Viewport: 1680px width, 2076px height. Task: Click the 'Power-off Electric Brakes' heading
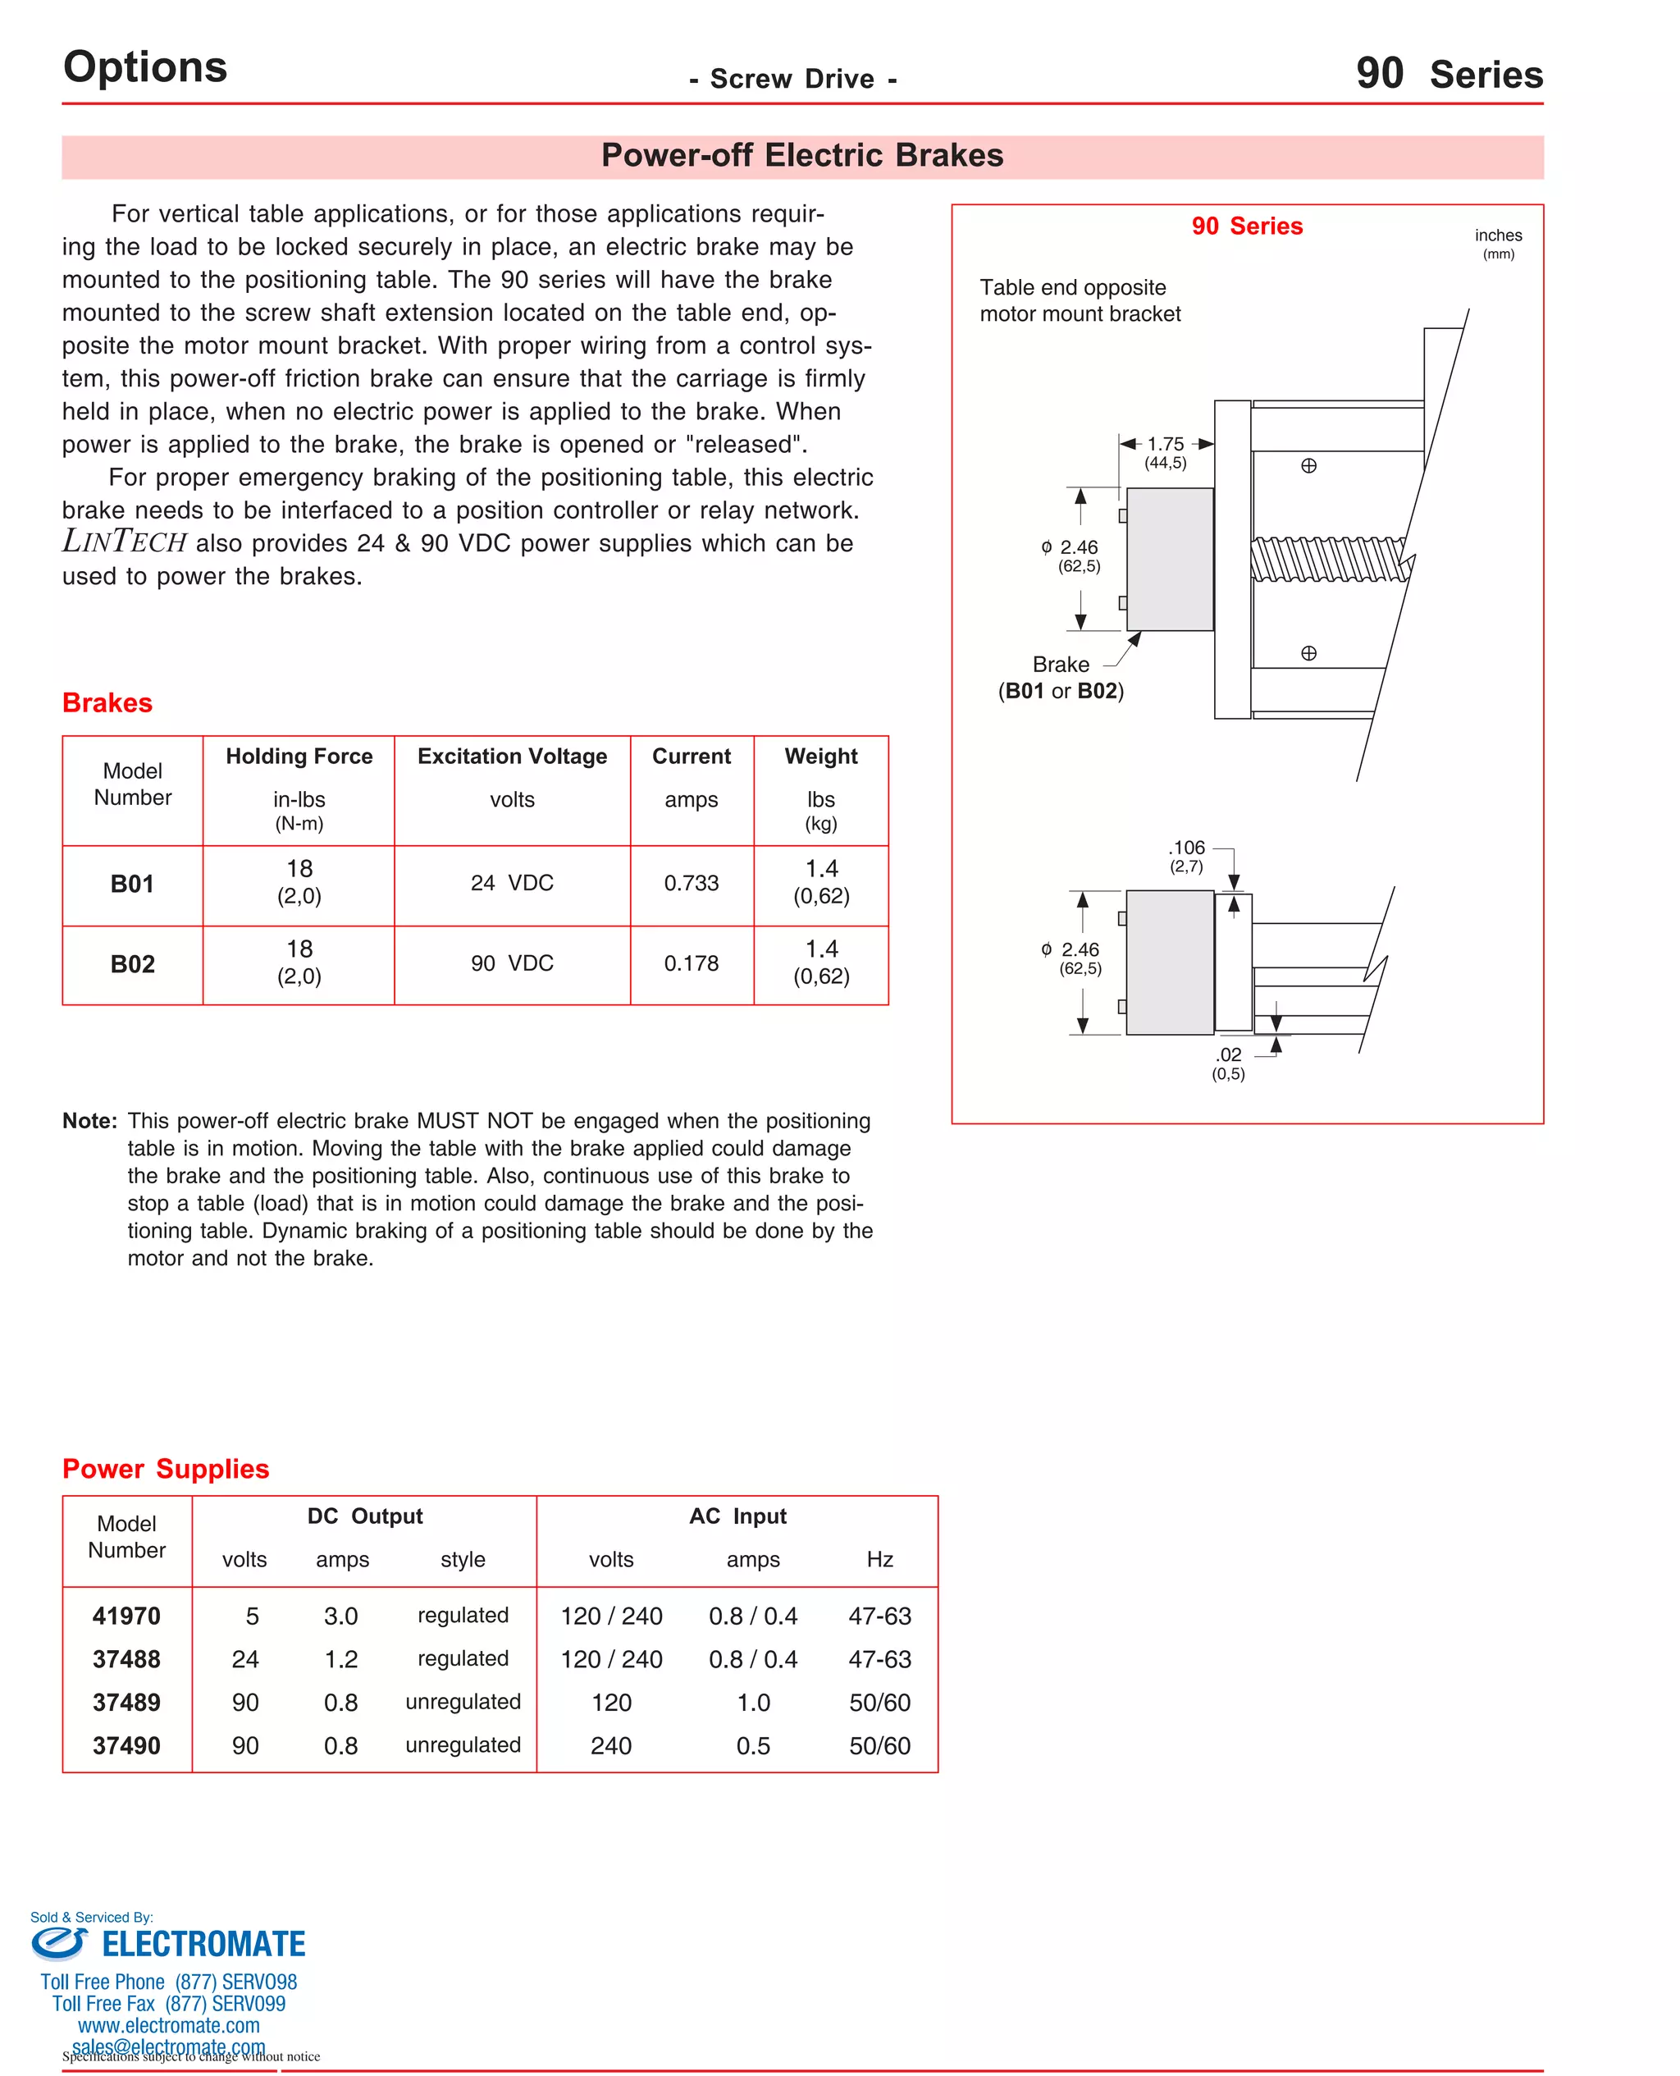pos(801,156)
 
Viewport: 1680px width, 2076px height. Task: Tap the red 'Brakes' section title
pos(107,702)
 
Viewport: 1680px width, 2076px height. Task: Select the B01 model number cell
pos(133,884)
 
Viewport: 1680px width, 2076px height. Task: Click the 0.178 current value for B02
pos(691,963)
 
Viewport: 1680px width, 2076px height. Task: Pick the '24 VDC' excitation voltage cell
pos(512,883)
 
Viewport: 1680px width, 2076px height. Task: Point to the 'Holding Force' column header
pos(299,756)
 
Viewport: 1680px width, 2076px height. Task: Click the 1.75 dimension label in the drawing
pos(1165,444)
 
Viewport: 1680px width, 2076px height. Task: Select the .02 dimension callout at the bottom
pos(1228,1055)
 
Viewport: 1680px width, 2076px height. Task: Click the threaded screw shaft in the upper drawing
pos(1326,559)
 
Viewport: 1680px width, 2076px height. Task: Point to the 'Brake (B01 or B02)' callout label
pos(1061,678)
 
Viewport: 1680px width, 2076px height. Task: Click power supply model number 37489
pos(127,1703)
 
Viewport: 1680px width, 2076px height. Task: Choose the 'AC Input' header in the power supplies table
pos(737,1516)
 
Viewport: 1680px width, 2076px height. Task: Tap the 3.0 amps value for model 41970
pos(340,1616)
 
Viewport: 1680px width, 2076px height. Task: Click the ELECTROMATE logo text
pos(203,1945)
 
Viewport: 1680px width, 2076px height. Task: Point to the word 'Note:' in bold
pos(89,1121)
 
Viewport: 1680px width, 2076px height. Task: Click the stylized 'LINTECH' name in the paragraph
pos(124,542)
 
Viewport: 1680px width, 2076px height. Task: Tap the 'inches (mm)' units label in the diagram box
pos(1497,243)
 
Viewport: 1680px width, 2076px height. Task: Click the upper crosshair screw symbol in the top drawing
pos(1308,465)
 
